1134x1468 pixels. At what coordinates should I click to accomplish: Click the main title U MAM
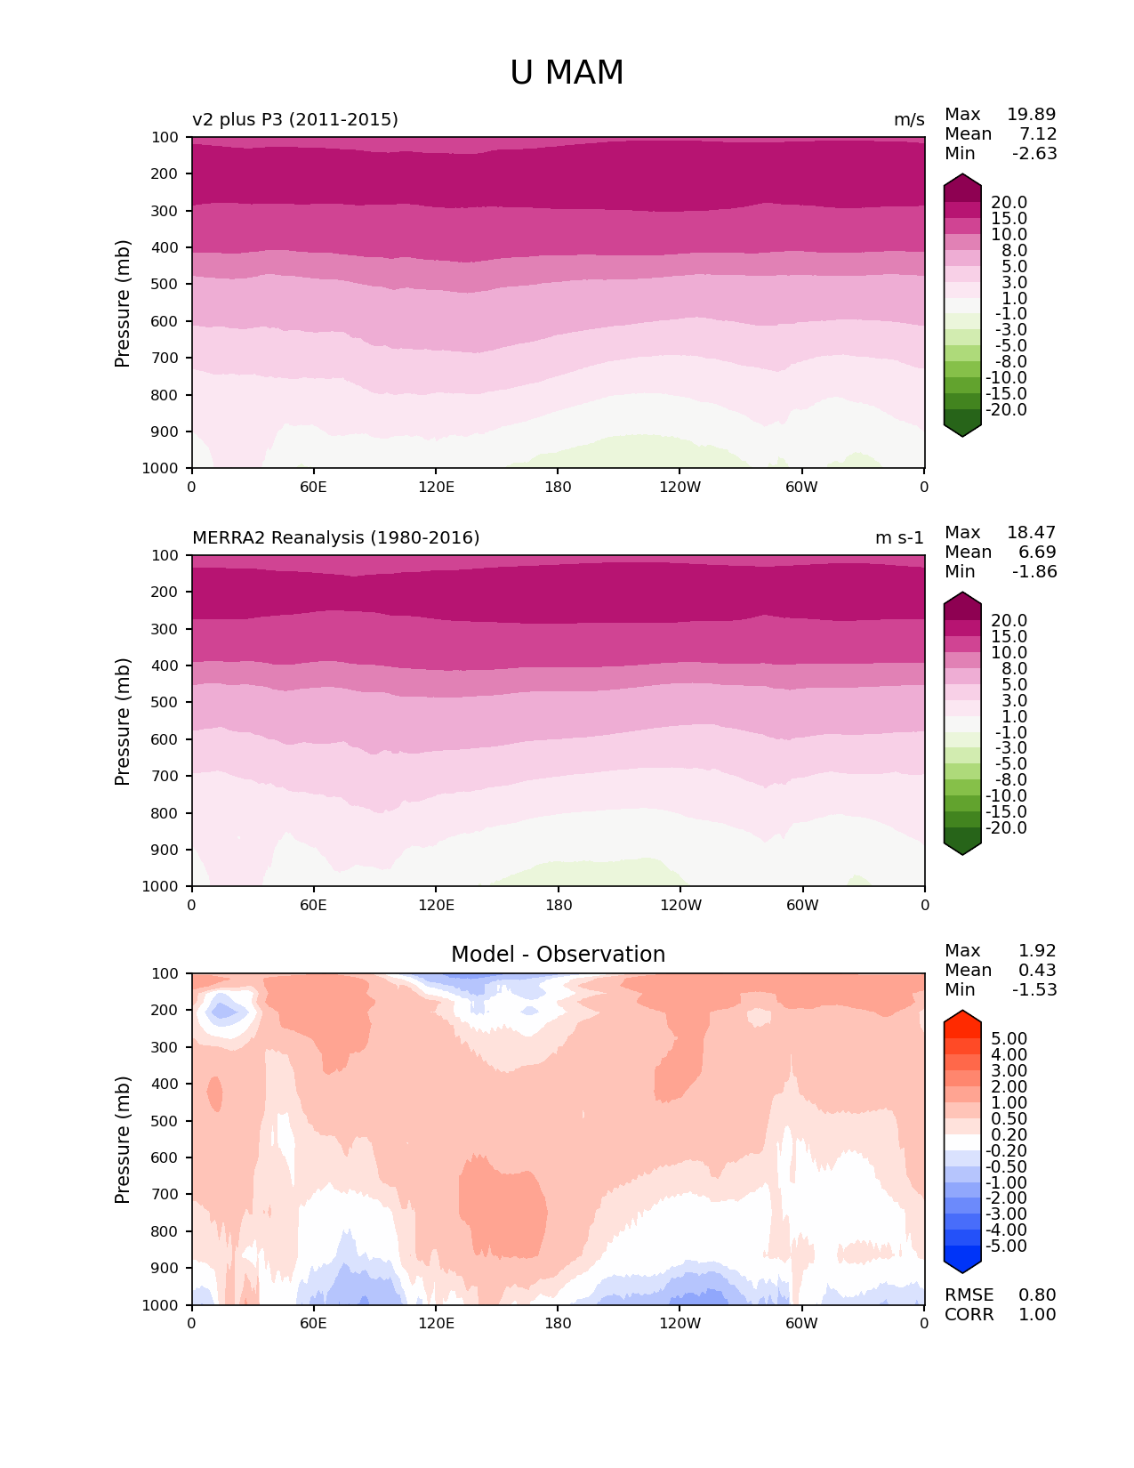(567, 73)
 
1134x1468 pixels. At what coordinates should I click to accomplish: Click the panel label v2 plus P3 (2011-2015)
(295, 119)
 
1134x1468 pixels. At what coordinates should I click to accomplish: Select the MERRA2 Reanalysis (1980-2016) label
(336, 537)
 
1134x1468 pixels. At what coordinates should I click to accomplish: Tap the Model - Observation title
(558, 955)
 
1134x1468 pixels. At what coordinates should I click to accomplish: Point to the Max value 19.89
(1031, 114)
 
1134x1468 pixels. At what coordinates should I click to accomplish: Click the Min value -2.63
(1034, 153)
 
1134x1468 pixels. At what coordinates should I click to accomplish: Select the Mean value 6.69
(1037, 552)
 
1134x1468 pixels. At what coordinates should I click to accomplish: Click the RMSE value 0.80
(1037, 1295)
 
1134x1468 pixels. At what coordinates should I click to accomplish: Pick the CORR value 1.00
(1037, 1314)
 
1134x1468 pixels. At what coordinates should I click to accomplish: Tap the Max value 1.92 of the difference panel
(1037, 950)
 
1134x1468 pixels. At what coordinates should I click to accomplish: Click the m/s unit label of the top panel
(909, 119)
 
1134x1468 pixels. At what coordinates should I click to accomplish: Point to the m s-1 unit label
(899, 537)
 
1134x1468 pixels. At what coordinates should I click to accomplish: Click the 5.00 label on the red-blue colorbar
(1009, 1038)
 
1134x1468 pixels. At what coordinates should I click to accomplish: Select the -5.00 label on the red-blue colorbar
(1006, 1246)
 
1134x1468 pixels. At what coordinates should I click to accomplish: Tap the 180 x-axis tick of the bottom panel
(558, 1323)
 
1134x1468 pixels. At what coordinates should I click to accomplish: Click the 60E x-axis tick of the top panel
(313, 487)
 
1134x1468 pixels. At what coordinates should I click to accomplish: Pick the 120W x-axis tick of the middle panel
(680, 905)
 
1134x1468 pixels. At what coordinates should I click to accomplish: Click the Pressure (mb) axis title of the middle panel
(123, 721)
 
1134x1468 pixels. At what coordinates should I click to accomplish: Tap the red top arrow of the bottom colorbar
(962, 1022)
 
